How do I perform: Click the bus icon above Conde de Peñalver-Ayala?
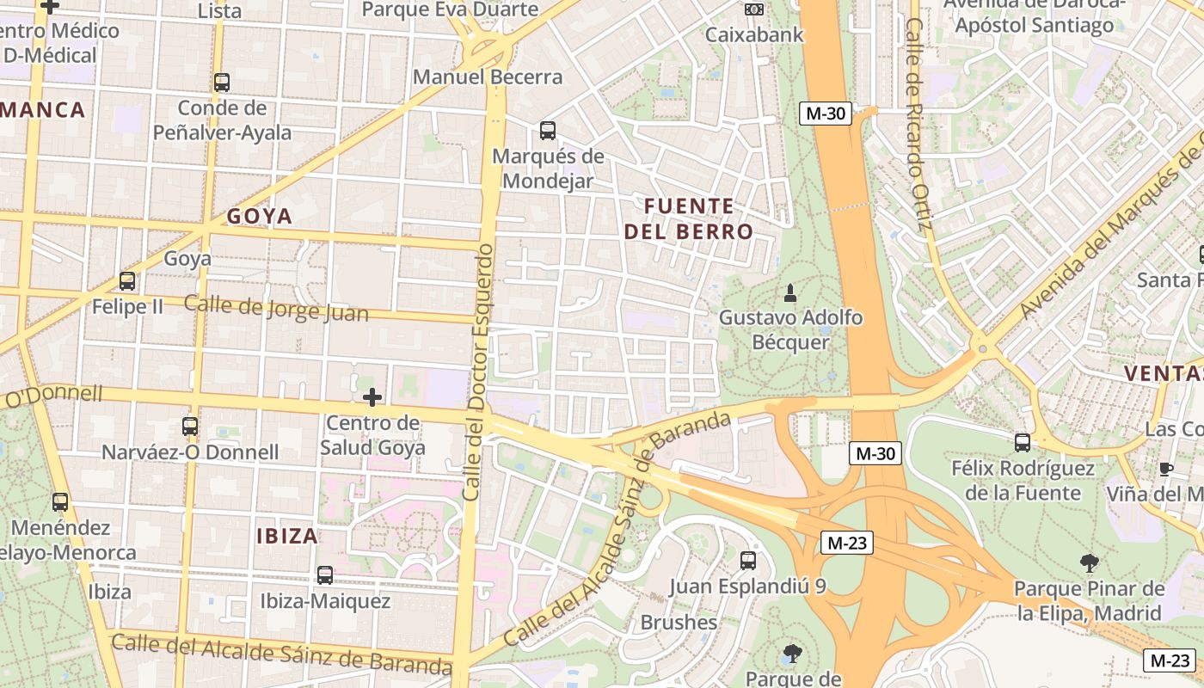coord(222,83)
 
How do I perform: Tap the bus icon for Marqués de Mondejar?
coord(548,131)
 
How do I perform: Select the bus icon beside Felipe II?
coord(127,280)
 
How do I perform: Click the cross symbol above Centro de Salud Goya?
coord(372,397)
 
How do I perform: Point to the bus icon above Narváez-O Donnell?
coord(190,426)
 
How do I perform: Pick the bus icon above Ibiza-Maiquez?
coord(325,575)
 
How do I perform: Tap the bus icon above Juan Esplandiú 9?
coord(748,561)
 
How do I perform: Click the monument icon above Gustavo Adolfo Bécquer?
coord(790,293)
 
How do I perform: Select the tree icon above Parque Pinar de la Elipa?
coord(1090,564)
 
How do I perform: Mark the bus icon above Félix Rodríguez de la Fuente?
coord(1023,443)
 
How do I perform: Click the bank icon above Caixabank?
coord(754,9)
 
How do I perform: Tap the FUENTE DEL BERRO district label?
coord(688,218)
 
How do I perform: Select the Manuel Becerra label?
coord(488,77)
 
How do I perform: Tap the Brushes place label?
coord(679,622)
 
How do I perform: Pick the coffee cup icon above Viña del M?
coord(1165,469)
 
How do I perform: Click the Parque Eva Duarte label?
coord(450,9)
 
